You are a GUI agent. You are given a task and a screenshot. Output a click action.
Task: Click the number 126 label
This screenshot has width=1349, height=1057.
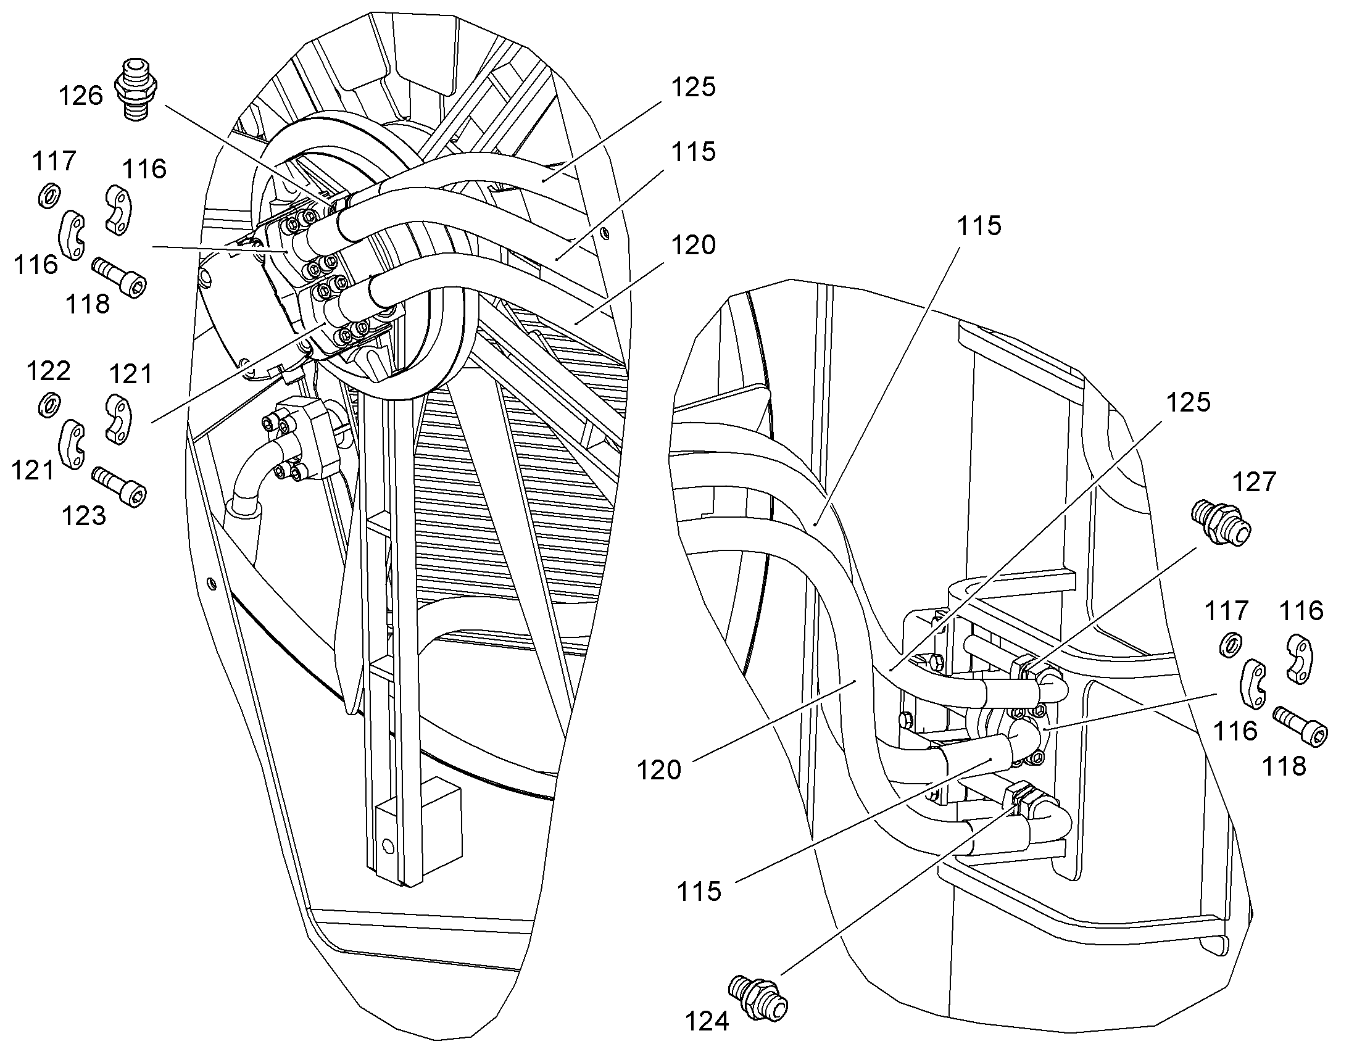[x=80, y=96]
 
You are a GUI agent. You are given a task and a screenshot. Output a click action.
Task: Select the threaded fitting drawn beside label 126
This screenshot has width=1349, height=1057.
[x=136, y=89]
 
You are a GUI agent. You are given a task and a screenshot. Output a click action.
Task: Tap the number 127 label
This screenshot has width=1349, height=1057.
[x=1255, y=482]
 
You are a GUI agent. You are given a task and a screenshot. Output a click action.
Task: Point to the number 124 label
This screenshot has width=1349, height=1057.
[x=707, y=1022]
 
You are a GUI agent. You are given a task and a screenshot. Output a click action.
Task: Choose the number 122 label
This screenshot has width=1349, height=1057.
[x=49, y=371]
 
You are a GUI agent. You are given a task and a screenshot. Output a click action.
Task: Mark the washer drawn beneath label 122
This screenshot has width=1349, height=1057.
[x=49, y=404]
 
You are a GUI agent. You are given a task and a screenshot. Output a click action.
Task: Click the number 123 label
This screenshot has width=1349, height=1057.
[x=84, y=515]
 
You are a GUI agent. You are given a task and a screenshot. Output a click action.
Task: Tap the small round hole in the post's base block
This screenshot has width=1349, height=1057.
[x=388, y=845]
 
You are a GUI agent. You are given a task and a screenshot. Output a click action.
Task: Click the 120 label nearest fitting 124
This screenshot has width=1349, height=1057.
[x=660, y=771]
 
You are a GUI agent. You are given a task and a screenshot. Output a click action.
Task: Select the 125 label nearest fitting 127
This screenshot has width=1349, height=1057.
[x=1188, y=402]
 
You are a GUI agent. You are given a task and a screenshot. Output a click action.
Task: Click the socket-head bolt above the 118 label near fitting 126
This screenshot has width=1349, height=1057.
[x=120, y=277]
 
